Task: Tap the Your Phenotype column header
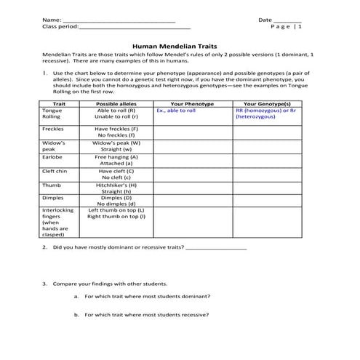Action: tap(192, 104)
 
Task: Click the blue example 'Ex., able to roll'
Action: tap(176, 111)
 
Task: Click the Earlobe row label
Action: tap(52, 156)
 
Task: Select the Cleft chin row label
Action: tap(55, 171)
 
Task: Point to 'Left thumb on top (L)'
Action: tap(116, 210)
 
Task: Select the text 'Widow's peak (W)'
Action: tap(116, 143)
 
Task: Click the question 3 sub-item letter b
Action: tap(76, 315)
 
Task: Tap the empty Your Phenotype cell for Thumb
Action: tap(192, 188)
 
